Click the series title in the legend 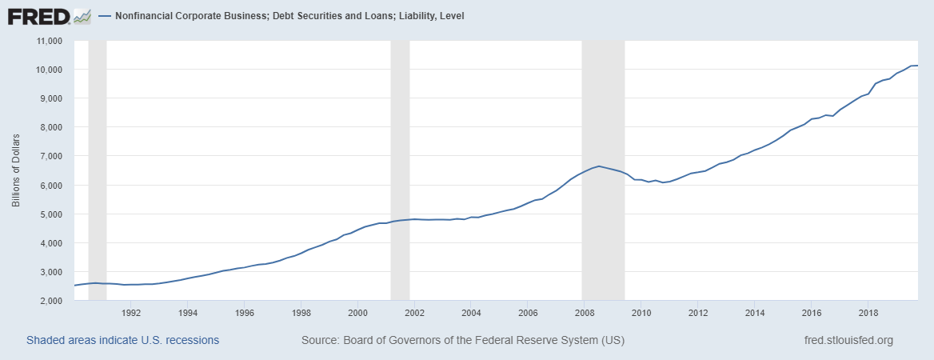point(289,16)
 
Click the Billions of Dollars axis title point(16,170)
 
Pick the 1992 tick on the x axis point(131,313)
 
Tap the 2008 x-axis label point(585,313)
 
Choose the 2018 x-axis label point(868,313)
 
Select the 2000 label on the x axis point(358,313)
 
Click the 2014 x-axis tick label point(755,313)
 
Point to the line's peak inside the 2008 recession point(599,166)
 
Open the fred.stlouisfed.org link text point(848,340)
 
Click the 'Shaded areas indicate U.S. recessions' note point(122,340)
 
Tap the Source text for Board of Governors point(463,340)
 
